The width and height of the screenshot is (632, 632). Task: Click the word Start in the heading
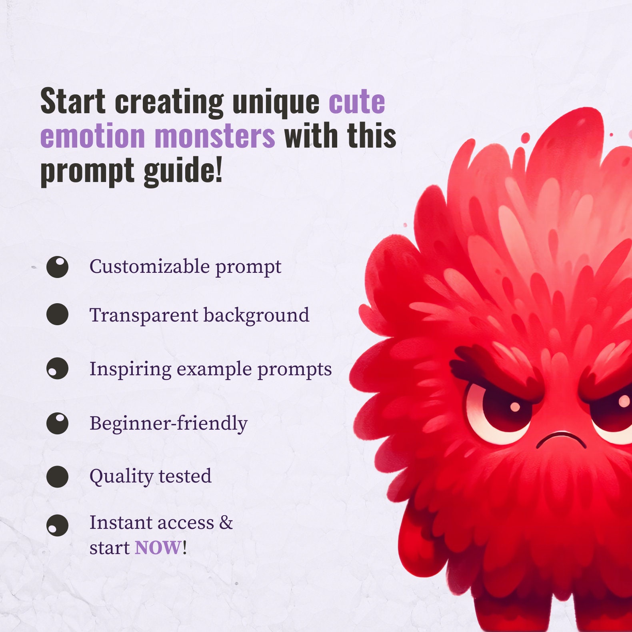(73, 102)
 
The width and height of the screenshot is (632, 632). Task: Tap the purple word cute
(356, 102)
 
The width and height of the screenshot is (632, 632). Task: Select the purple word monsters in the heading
(215, 136)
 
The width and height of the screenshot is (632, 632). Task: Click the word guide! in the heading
(183, 170)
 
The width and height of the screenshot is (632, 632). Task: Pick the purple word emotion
(92, 136)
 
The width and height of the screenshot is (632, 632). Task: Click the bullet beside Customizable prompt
(57, 267)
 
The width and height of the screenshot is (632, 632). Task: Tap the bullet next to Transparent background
(57, 314)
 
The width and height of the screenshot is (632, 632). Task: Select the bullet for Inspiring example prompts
(57, 368)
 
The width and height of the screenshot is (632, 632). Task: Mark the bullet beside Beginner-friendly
(57, 423)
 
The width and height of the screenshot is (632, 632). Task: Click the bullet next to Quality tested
(57, 476)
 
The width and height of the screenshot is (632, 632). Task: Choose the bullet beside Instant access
(57, 525)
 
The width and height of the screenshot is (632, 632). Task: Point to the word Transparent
(144, 315)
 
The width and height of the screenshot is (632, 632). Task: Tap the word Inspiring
(130, 369)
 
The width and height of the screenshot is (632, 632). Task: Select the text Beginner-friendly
(168, 423)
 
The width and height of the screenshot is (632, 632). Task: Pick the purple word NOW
(158, 548)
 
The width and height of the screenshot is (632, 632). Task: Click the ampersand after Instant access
(226, 522)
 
